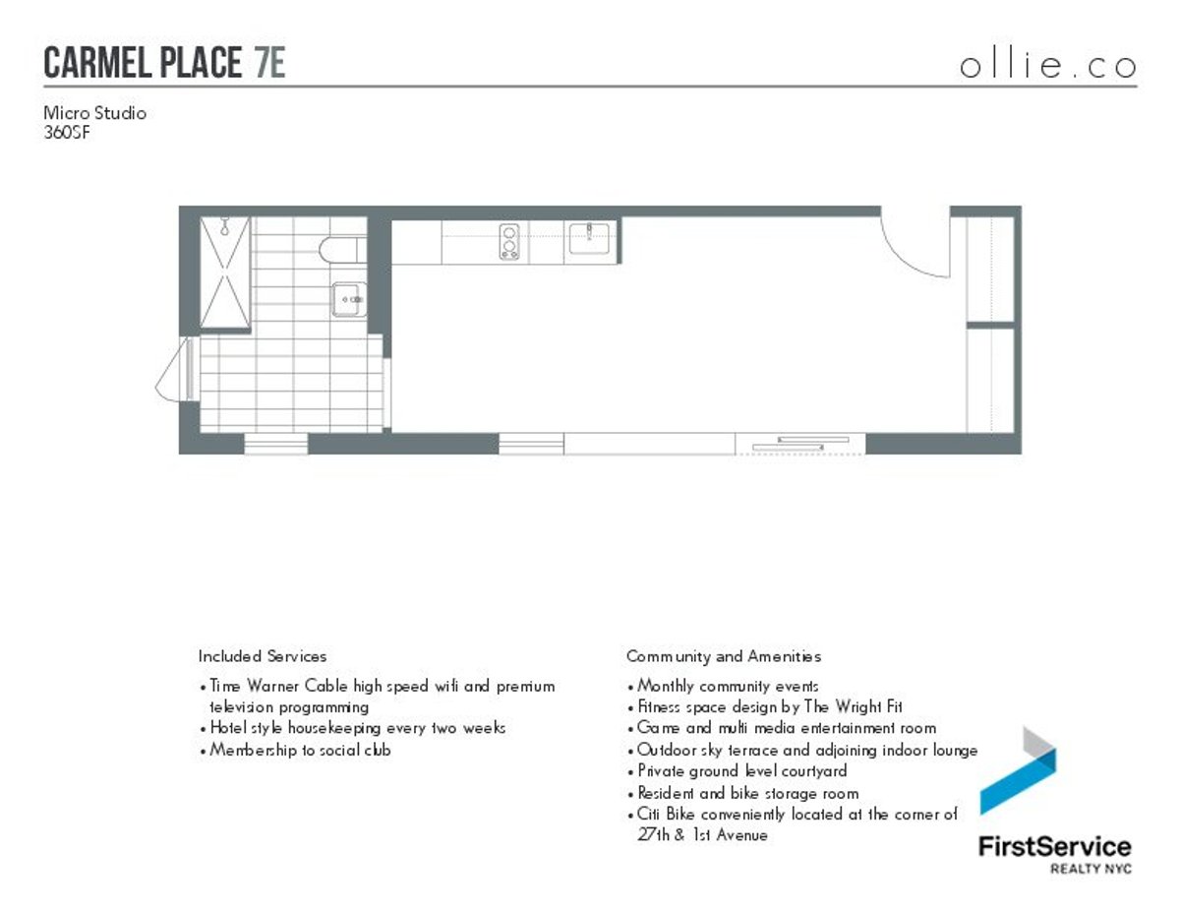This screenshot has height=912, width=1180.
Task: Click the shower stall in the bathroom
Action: (224, 273)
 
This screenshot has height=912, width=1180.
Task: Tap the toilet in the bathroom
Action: (338, 249)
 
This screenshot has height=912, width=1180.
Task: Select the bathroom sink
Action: (348, 298)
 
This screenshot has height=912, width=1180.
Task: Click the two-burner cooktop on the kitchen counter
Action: (510, 242)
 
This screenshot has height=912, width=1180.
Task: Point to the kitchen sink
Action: (588, 238)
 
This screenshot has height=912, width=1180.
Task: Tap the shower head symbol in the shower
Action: (225, 228)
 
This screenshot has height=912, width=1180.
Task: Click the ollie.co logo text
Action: (1047, 66)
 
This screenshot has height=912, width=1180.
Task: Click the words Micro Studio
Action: (94, 113)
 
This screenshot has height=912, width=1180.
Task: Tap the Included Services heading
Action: (262, 656)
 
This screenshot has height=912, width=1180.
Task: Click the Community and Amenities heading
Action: (723, 656)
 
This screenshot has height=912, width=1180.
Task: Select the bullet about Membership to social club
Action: (301, 750)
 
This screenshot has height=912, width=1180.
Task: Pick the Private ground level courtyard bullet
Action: (742, 771)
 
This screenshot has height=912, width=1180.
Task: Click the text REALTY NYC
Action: (1091, 869)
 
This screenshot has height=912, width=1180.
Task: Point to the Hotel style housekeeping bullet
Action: (358, 728)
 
